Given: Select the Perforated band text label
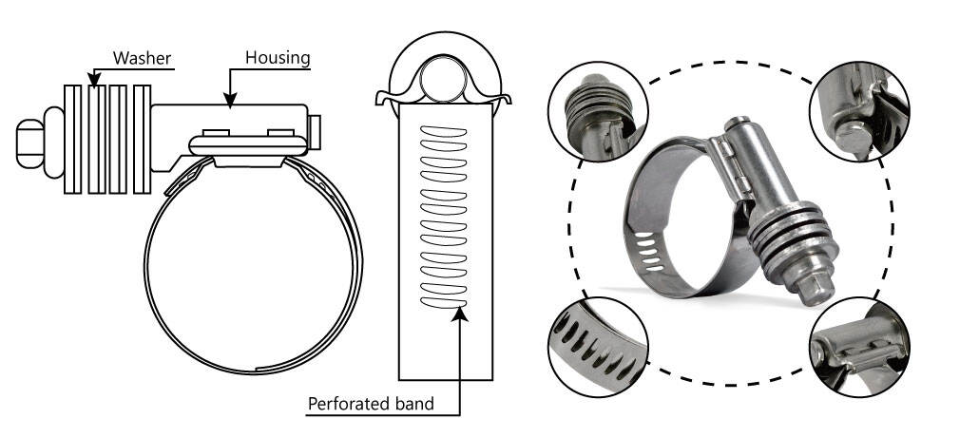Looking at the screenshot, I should tap(371, 404).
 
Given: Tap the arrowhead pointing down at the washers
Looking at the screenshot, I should tap(93, 75).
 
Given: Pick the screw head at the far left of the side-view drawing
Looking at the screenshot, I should tap(30, 140).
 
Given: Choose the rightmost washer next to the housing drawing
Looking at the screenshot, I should tap(142, 140).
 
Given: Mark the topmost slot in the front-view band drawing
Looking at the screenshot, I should tap(446, 130).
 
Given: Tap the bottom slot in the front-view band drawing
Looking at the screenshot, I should tap(446, 302).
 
